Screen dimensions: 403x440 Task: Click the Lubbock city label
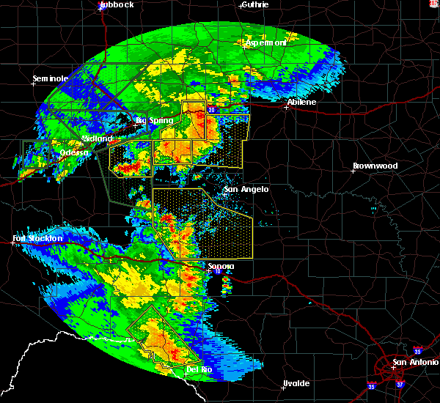(118, 4)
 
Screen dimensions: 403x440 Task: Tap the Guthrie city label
(254, 4)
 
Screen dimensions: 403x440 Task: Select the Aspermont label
(265, 43)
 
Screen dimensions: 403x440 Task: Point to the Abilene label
(301, 102)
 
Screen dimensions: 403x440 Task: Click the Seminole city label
(51, 78)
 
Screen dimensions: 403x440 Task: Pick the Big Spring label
(154, 120)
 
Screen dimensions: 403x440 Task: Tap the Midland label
(98, 138)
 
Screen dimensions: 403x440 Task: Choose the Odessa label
(73, 152)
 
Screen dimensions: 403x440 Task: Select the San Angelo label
(246, 189)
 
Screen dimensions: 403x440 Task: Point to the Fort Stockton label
(37, 239)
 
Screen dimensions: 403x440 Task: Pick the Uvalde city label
(296, 383)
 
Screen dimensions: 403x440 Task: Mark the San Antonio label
(414, 362)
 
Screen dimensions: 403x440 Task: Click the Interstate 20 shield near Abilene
(211, 110)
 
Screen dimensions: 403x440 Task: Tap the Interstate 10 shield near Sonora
(218, 272)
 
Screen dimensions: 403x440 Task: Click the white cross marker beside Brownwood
(353, 171)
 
